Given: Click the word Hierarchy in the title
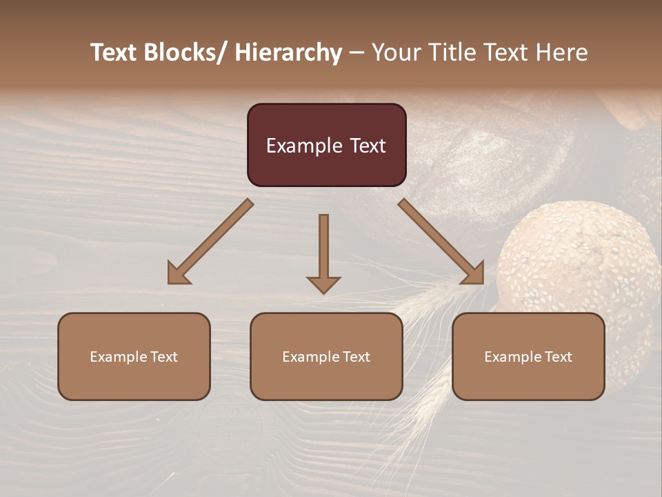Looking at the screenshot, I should click(x=288, y=52).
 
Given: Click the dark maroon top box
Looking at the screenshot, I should click(x=326, y=145).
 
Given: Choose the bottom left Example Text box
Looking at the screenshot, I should click(x=134, y=357).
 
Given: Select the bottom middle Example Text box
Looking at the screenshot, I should click(x=326, y=357).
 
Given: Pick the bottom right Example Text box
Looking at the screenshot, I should click(x=528, y=357).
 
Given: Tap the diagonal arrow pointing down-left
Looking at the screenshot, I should click(x=210, y=242).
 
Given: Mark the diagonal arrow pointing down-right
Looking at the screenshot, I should click(x=441, y=242).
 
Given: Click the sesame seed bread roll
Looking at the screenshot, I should click(x=579, y=262).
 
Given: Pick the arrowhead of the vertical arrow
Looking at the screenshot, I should click(x=323, y=283).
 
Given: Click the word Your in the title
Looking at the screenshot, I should click(x=395, y=52).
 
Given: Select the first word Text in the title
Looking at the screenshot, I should click(x=114, y=52).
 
